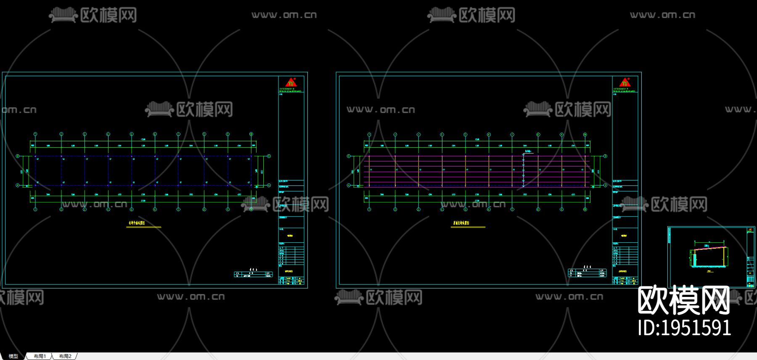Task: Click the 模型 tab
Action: pyautogui.click(x=13, y=356)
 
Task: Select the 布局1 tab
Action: pyautogui.click(x=40, y=356)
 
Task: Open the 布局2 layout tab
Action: pyautogui.click(x=65, y=356)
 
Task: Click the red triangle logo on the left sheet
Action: pyautogui.click(x=291, y=82)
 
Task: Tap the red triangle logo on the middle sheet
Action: pyautogui.click(x=625, y=82)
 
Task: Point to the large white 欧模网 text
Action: pyautogui.click(x=684, y=300)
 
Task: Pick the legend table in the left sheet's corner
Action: pyautogui.click(x=253, y=274)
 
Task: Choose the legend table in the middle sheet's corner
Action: pyautogui.click(x=587, y=273)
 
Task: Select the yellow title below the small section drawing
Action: pyautogui.click(x=708, y=271)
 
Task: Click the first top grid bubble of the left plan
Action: pyautogui.click(x=35, y=134)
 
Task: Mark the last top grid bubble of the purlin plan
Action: pyautogui.click(x=585, y=135)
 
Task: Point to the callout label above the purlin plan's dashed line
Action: pyautogui.click(x=528, y=151)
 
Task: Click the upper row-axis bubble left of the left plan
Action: pyautogui.click(x=18, y=156)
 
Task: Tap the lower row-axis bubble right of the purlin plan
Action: pyautogui.click(x=606, y=185)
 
